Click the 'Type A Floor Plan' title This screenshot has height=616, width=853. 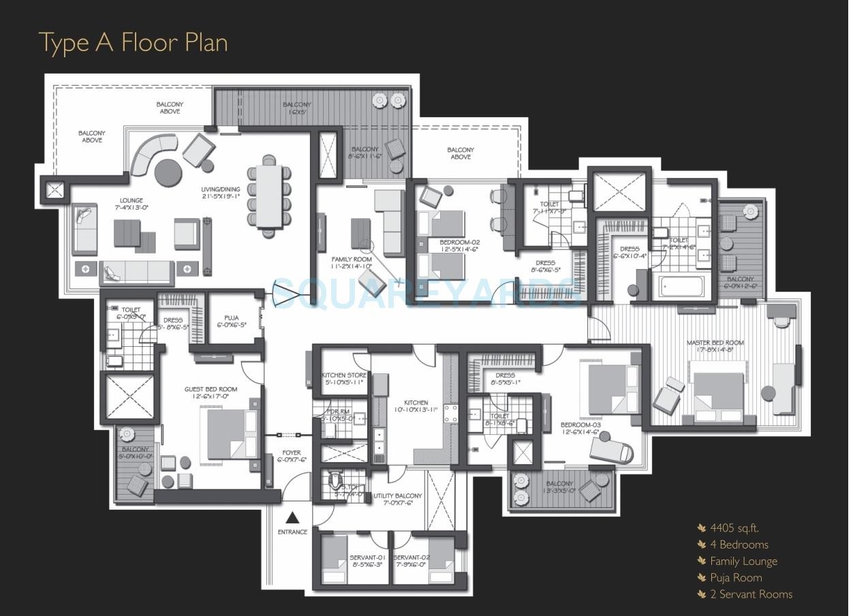133,42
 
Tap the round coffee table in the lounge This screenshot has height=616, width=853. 168,173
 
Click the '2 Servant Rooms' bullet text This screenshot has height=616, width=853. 751,594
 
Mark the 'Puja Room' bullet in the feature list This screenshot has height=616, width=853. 736,578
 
